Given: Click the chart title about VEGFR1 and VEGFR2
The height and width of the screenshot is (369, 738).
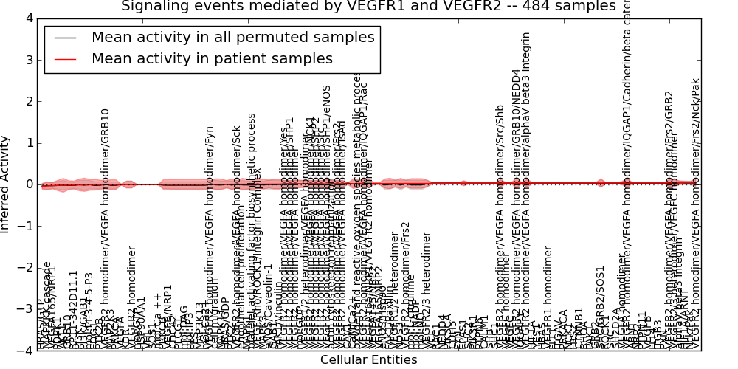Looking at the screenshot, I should click(368, 7).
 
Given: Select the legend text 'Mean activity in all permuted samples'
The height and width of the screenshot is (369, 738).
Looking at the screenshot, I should click(232, 37).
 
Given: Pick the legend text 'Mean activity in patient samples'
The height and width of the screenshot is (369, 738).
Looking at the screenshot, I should click(212, 58).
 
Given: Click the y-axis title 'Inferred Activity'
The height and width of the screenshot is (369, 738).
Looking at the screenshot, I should click(6, 184).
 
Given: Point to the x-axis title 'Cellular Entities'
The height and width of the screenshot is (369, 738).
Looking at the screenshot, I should click(368, 360).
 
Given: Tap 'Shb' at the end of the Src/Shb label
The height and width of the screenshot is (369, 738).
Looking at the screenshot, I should click(500, 114).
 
